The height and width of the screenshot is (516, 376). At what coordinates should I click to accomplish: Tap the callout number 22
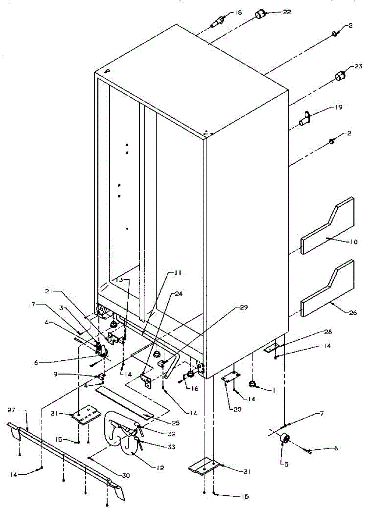click(287, 12)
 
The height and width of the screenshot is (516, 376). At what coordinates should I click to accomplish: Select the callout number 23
click(358, 67)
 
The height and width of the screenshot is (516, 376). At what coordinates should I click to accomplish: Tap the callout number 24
click(179, 294)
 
